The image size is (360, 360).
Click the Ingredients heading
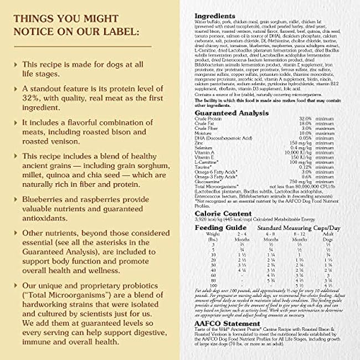click(x=215, y=16)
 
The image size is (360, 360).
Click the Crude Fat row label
click(x=205, y=124)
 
